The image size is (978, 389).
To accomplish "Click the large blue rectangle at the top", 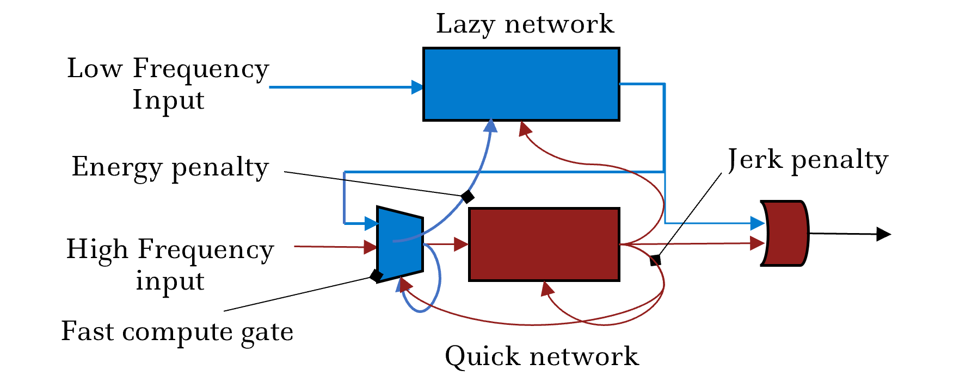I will pyautogui.click(x=521, y=84).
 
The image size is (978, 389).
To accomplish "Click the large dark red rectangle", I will pyautogui.click(x=544, y=244).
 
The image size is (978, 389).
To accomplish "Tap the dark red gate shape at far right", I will pyautogui.click(x=786, y=234).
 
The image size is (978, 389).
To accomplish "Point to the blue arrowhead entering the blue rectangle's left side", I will pyautogui.click(x=417, y=87).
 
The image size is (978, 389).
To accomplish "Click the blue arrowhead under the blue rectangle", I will pyautogui.click(x=491, y=126).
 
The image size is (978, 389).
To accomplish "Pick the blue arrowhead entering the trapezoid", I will pyautogui.click(x=372, y=223).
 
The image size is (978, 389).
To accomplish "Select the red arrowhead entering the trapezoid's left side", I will pyautogui.click(x=371, y=247).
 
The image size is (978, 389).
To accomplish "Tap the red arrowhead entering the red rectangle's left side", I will pyautogui.click(x=462, y=244).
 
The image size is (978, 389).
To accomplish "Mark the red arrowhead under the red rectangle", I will pyautogui.click(x=546, y=288).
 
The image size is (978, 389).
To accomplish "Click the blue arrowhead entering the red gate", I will pyautogui.click(x=757, y=223).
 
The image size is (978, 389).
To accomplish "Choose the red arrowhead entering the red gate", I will pyautogui.click(x=757, y=243).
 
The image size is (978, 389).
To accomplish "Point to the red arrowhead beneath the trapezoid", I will pyautogui.click(x=405, y=284).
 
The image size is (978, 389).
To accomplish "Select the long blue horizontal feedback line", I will pyautogui.click(x=501, y=172).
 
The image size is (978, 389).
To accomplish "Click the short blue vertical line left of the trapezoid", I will pyautogui.click(x=344, y=198).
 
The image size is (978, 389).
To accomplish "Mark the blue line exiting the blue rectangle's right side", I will pyautogui.click(x=642, y=84).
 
